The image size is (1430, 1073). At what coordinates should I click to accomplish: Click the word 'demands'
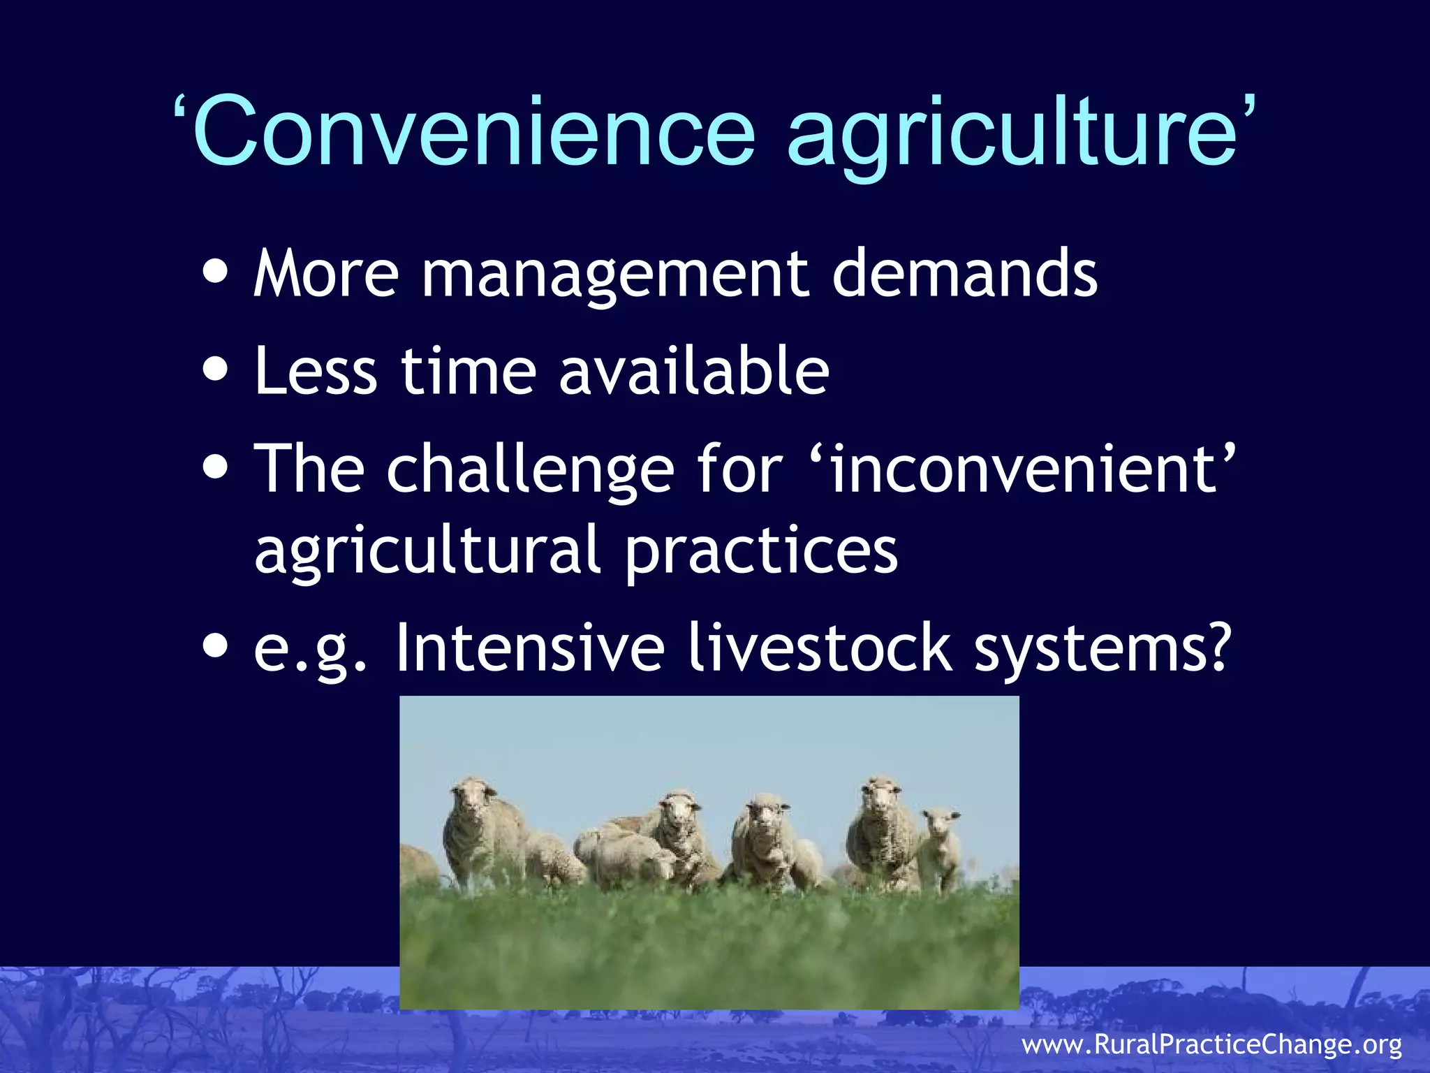964,274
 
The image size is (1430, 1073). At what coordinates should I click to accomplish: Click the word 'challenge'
531,469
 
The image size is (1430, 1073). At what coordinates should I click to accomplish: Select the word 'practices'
761,552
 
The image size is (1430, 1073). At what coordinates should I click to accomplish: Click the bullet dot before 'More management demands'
216,272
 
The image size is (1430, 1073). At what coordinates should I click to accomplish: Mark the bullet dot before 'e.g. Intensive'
216,646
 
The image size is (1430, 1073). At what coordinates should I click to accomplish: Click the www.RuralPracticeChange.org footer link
1211,1045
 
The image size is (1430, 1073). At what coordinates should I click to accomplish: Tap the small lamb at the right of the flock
939,849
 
